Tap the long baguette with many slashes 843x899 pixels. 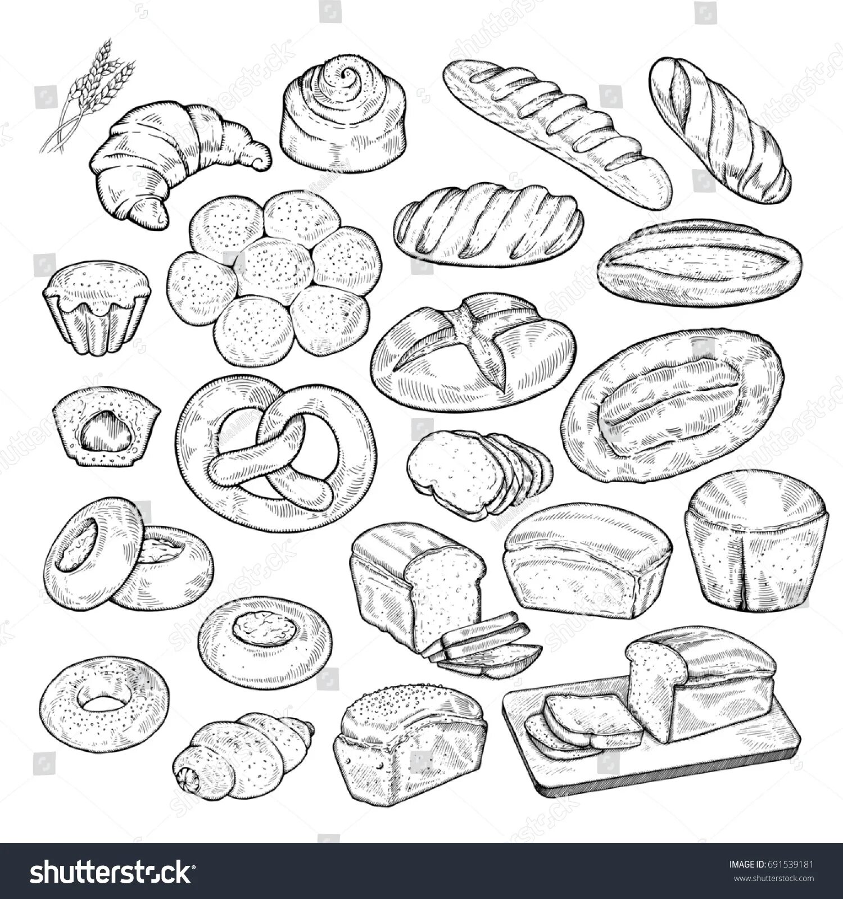point(556,132)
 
